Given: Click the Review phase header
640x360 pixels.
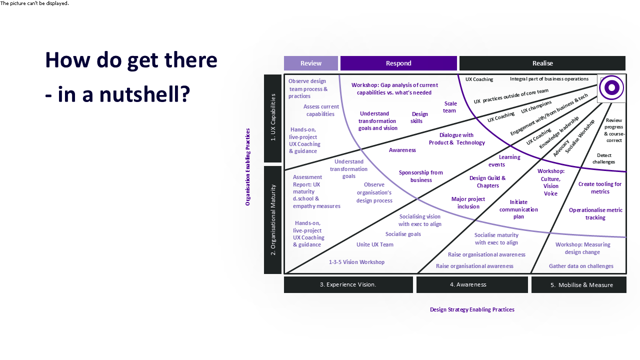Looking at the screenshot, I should tap(311, 63).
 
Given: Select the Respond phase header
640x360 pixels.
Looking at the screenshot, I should tap(398, 63).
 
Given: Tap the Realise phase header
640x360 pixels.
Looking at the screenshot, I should tap(542, 63).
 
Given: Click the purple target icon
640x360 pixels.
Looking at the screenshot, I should tap(611, 88).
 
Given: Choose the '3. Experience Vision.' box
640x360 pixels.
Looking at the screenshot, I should tap(348, 284).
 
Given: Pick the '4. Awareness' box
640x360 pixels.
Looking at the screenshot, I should tap(471, 284).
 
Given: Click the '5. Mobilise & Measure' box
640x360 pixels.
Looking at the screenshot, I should tap(578, 285).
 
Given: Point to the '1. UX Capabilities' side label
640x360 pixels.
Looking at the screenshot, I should tap(273, 118).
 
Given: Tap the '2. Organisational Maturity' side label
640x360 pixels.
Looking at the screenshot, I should tap(273, 220).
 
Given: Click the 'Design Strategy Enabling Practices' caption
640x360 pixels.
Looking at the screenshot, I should tap(472, 309).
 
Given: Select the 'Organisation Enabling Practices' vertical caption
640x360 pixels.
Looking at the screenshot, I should tap(248, 167).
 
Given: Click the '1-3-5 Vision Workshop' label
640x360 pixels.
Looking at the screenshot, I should tap(356, 262).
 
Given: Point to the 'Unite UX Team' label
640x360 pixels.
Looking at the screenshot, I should tap(374, 244).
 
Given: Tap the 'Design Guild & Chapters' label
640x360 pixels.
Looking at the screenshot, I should tap(487, 182).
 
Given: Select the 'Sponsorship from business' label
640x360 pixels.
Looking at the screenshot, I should tap(421, 176).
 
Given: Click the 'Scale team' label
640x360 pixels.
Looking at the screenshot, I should tap(450, 107).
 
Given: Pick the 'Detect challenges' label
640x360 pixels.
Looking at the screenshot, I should tap(603, 158).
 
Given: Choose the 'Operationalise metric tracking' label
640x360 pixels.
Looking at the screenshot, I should tap(595, 214).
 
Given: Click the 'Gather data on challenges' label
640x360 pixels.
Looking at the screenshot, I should tap(581, 266).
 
